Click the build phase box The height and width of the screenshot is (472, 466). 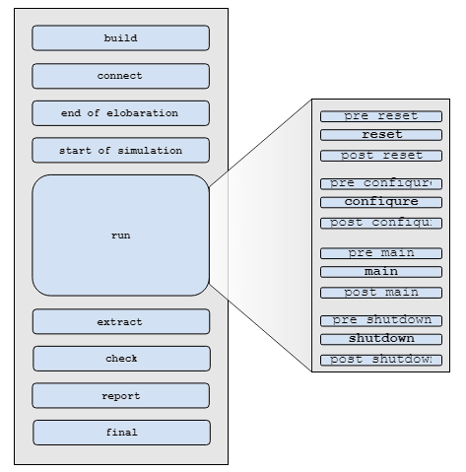pyautogui.click(x=120, y=38)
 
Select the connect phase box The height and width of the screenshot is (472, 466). pyautogui.click(x=120, y=76)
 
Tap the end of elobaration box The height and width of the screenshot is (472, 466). pyautogui.click(x=120, y=113)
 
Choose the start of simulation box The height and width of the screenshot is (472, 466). pyautogui.click(x=120, y=151)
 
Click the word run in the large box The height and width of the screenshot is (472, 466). pyautogui.click(x=120, y=236)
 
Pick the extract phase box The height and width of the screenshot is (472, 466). pyautogui.click(x=120, y=322)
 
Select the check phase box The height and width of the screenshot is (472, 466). pyautogui.click(x=120, y=359)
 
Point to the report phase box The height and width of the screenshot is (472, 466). pyautogui.click(x=120, y=396)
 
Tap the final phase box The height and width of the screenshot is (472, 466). pyautogui.click(x=120, y=433)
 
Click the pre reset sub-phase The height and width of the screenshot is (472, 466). pyautogui.click(x=381, y=116)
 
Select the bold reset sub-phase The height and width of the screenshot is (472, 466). pyautogui.click(x=381, y=135)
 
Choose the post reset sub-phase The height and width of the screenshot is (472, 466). pyautogui.click(x=381, y=156)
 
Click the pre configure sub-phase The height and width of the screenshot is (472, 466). pyautogui.click(x=381, y=183)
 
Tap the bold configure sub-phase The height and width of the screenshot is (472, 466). pyautogui.click(x=381, y=202)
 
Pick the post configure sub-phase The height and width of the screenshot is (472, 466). pyautogui.click(x=381, y=223)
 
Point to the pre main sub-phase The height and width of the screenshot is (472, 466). pyautogui.click(x=381, y=253)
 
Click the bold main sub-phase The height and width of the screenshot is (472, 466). pyautogui.click(x=381, y=272)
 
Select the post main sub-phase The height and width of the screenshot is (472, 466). pyautogui.click(x=381, y=293)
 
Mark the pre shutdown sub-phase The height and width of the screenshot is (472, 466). pyautogui.click(x=381, y=320)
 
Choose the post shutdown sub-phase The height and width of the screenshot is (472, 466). pyautogui.click(x=381, y=360)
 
